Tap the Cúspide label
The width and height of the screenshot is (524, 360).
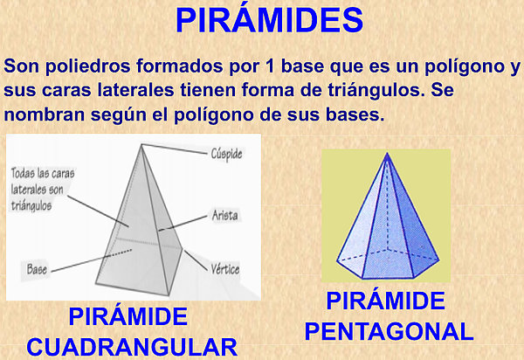click(x=226, y=154)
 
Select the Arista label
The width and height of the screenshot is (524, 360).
click(x=225, y=215)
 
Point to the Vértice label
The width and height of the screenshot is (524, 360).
click(x=225, y=269)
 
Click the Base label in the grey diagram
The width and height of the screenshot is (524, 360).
click(x=37, y=269)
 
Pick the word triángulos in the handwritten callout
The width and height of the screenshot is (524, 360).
click(x=31, y=205)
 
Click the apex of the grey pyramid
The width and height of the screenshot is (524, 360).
click(x=141, y=144)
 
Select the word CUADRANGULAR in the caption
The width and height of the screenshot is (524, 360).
click(x=132, y=347)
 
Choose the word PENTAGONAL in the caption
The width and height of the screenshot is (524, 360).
click(x=390, y=331)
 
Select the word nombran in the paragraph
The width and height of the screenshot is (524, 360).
click(x=45, y=114)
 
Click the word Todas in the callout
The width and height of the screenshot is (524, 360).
click(x=21, y=173)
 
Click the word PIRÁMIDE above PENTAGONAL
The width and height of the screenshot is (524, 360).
click(x=386, y=301)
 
